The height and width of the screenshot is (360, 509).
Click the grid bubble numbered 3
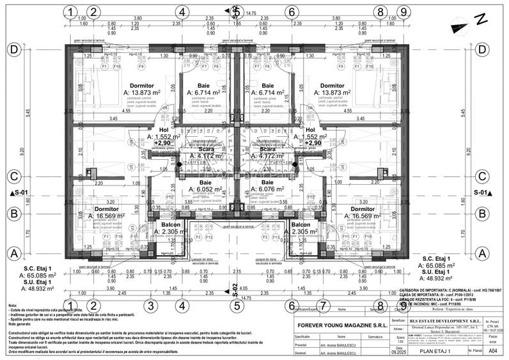(150, 305)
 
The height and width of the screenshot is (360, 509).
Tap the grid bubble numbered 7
(324, 305)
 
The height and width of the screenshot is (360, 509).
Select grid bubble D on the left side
(13, 49)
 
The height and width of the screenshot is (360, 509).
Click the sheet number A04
(492, 350)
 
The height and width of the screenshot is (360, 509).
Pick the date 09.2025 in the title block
(398, 351)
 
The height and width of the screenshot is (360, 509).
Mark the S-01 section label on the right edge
(483, 192)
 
